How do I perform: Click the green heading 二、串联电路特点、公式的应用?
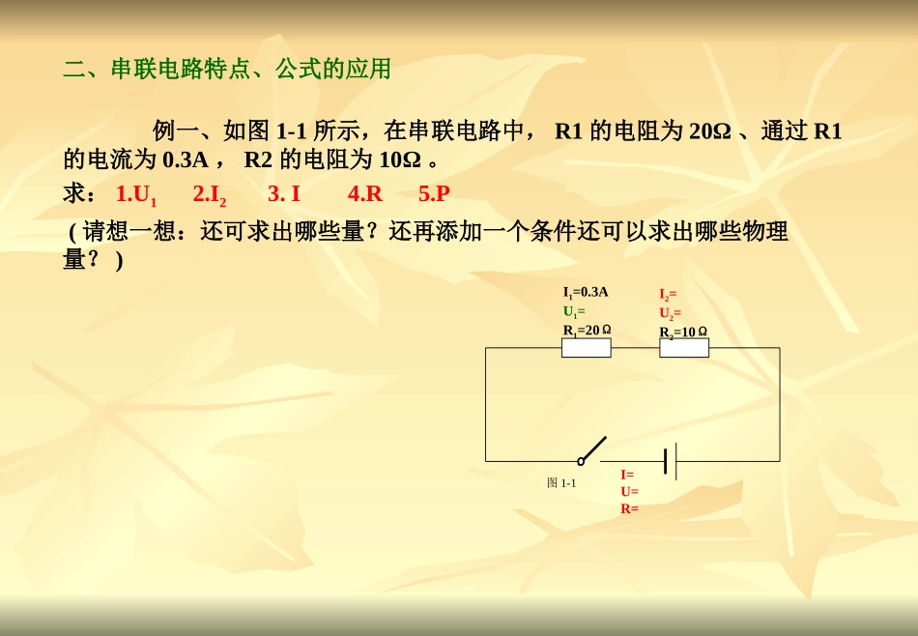[227, 70]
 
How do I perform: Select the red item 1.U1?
[135, 194]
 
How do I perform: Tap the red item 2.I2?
[209, 194]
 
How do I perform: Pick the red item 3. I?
[284, 193]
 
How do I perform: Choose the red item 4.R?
[365, 193]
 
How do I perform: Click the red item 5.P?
[434, 193]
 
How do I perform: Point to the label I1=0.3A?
[586, 292]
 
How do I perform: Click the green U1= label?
[574, 311]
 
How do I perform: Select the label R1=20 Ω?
[587, 330]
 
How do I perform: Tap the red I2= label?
[668, 294]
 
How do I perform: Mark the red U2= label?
[670, 313]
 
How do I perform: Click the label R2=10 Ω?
[683, 332]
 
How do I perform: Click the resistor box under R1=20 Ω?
[587, 348]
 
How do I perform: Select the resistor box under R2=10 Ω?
[684, 348]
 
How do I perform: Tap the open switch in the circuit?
[591, 450]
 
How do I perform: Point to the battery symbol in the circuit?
[670, 461]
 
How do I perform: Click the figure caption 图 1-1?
[561, 483]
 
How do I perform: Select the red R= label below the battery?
[629, 508]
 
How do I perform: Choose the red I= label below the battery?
[627, 475]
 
